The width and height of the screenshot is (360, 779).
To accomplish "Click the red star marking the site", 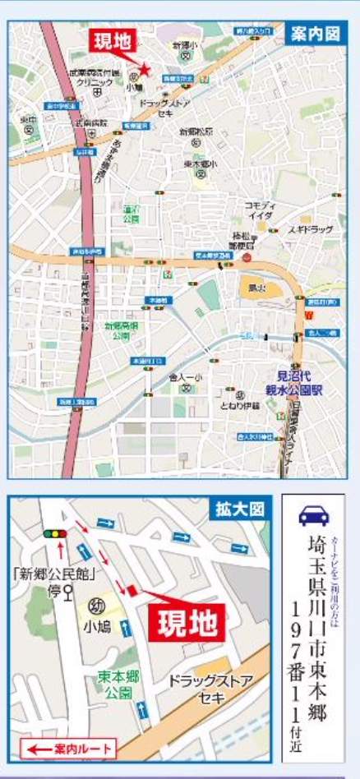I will pyautogui.click(x=144, y=71).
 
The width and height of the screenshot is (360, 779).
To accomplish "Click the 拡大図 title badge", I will pyautogui.click(x=238, y=509).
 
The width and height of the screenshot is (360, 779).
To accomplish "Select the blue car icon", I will pyautogui.click(x=313, y=516).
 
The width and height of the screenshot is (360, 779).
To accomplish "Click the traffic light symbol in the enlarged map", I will pyautogui.click(x=55, y=534).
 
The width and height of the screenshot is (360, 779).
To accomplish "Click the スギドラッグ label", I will pyautogui.click(x=310, y=230).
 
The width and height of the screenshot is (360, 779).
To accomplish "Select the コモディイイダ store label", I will pyautogui.click(x=260, y=209).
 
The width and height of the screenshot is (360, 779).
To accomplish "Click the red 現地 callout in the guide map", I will pyautogui.click(x=111, y=43).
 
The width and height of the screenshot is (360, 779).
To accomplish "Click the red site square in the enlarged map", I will pyautogui.click(x=130, y=589).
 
